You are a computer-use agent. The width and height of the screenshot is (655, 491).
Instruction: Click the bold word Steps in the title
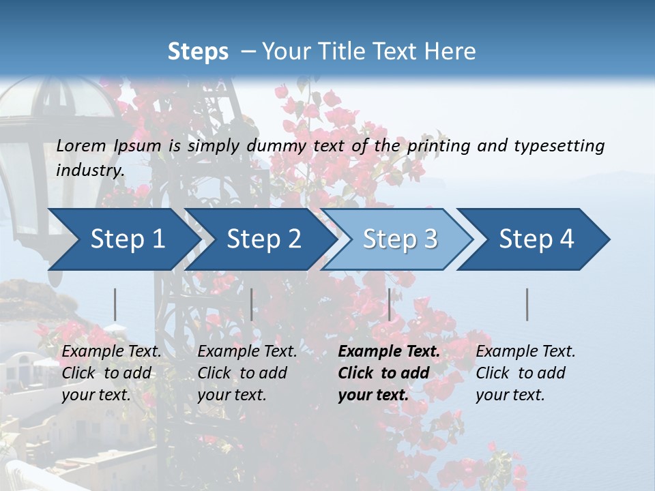point(198,51)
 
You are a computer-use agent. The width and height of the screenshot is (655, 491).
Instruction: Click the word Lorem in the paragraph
point(81,145)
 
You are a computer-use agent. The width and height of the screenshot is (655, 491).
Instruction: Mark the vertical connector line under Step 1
point(115,304)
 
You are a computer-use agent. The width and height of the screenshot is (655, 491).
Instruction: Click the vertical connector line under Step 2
point(252,304)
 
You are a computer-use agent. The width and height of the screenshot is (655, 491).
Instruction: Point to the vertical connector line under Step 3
point(389,304)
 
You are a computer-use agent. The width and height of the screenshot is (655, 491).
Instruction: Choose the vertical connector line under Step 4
point(527,304)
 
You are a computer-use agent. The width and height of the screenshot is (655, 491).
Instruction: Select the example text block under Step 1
point(111,373)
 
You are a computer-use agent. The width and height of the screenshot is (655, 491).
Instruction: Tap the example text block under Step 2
point(247,373)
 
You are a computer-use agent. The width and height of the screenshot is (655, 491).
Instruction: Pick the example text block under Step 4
point(525,373)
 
